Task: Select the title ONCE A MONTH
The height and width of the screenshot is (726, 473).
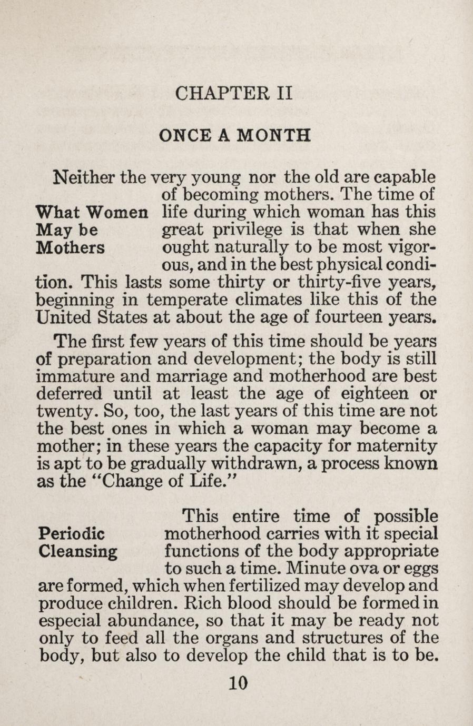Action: click(234, 135)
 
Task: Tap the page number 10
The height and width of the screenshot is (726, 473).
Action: click(238, 683)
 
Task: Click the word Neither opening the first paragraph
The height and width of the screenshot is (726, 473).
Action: click(85, 176)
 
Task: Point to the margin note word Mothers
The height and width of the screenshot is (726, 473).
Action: click(70, 247)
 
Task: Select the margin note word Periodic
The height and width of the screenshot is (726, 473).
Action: click(72, 534)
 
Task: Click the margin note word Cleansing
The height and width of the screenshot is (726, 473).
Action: click(78, 551)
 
